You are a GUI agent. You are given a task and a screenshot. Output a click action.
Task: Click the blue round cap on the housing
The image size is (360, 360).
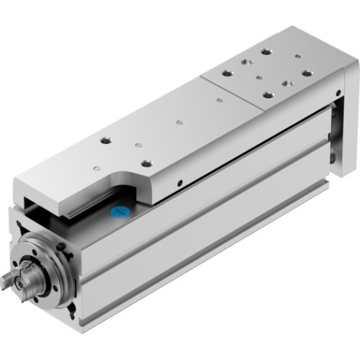(x=118, y=214)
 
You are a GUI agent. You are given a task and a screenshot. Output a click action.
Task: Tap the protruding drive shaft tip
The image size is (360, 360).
(x=10, y=282)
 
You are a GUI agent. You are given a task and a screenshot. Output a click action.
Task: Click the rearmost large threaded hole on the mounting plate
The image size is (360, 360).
(x=266, y=51)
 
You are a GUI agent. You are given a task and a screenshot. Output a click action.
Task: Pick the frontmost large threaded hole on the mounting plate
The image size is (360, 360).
(x=268, y=94)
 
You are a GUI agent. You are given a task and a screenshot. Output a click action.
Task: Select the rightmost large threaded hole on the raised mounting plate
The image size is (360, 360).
(x=307, y=73)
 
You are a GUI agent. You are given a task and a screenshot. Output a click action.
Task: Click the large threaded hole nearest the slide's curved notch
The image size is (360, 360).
(x=146, y=163)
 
